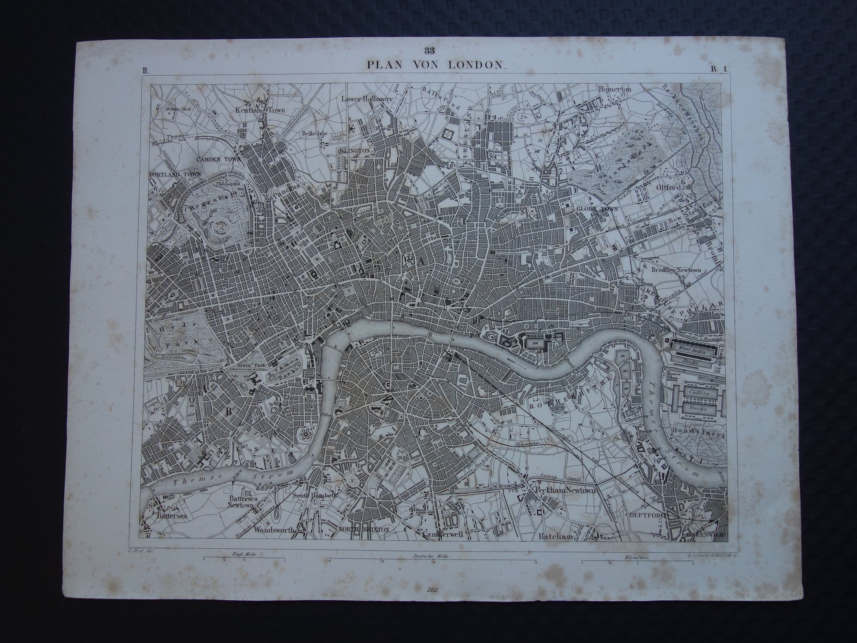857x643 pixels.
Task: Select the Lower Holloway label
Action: (366, 99)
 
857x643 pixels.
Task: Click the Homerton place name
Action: (615, 89)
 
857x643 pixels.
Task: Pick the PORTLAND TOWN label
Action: (175, 174)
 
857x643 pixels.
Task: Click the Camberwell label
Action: (445, 535)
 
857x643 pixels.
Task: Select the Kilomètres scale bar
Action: (637, 561)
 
